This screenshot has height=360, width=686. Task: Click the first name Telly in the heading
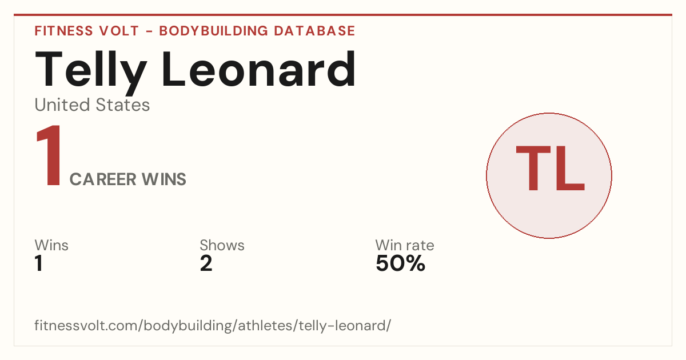click(x=91, y=73)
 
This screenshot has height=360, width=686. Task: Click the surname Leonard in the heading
click(x=258, y=69)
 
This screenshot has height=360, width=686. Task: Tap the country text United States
click(x=92, y=105)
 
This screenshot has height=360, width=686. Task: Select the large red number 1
click(x=49, y=155)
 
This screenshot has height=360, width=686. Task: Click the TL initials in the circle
click(x=550, y=169)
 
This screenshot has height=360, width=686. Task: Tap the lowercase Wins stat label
click(x=51, y=245)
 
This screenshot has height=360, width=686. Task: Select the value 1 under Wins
click(x=39, y=263)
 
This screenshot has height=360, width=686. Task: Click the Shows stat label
click(x=222, y=245)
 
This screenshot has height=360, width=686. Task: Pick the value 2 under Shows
click(x=206, y=263)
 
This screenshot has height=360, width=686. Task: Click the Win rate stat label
click(x=405, y=245)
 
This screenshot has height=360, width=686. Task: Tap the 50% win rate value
click(x=401, y=263)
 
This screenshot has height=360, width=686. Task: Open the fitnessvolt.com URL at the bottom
click(x=213, y=325)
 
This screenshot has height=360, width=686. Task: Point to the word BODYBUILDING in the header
click(x=213, y=31)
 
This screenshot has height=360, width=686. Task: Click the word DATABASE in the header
click(x=314, y=31)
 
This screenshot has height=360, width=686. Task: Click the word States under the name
click(x=123, y=105)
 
